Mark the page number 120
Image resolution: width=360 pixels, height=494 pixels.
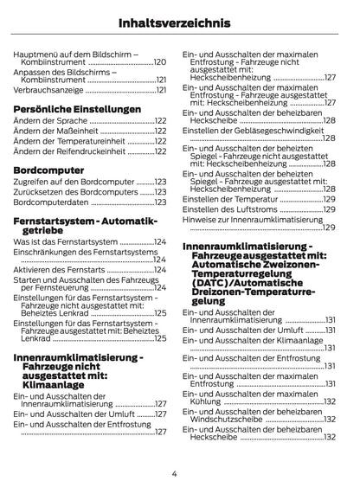pos(160,63)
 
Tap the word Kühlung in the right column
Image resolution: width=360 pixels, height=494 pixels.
pos(202,401)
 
